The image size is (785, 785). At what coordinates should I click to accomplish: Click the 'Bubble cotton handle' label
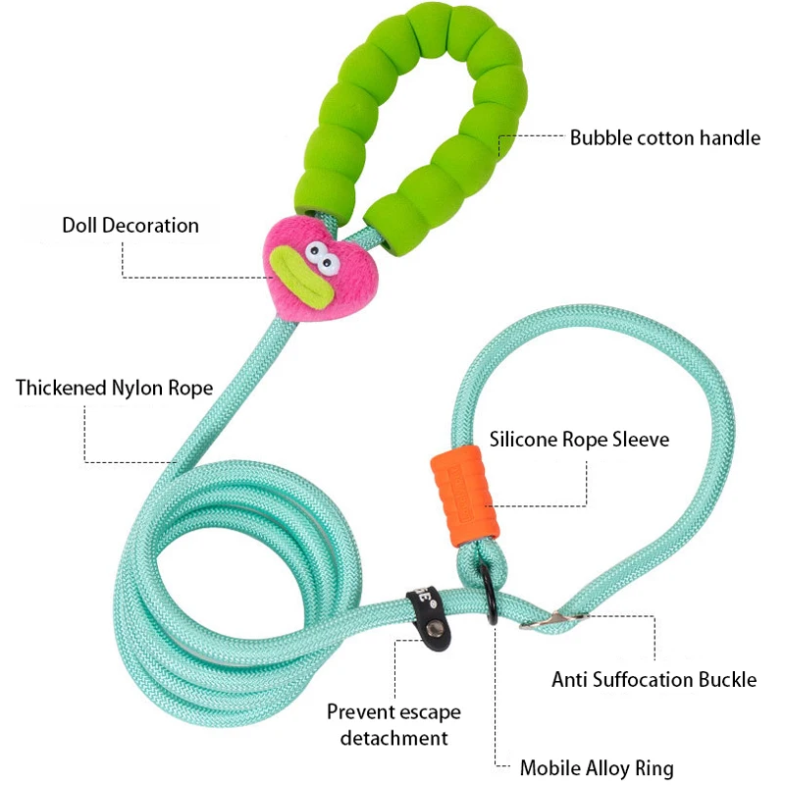[665, 137]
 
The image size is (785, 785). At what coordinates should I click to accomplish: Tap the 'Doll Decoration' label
[131, 226]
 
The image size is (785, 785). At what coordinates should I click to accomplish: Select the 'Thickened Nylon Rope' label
[114, 388]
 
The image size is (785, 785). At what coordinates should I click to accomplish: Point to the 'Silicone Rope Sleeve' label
[579, 440]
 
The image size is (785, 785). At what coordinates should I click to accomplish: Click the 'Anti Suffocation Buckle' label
[654, 679]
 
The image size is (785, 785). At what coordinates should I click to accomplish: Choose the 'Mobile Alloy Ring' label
[597, 768]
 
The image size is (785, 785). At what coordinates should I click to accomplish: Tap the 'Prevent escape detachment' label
[393, 725]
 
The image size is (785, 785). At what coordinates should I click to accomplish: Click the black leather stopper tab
[426, 613]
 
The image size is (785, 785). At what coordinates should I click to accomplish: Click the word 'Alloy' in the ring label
[614, 768]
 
